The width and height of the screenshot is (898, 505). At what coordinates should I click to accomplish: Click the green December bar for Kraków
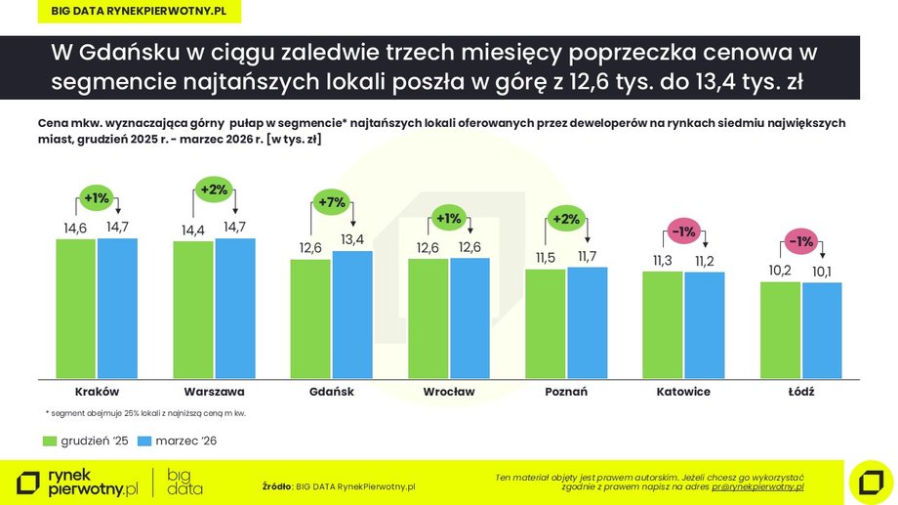coord(76,308)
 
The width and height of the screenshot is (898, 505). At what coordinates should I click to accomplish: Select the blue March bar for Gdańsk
coord(352,315)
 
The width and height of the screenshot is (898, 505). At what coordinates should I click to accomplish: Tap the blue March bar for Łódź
coord(822,330)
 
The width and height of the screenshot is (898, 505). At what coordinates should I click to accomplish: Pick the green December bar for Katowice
coord(663,324)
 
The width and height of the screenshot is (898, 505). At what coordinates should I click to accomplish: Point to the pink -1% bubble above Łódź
coord(801,241)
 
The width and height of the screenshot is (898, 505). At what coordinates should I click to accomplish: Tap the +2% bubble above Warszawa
coord(215,189)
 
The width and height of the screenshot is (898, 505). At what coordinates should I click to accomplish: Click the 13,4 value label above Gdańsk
coord(352,240)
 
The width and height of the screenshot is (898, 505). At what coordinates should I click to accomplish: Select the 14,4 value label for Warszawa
coord(193,231)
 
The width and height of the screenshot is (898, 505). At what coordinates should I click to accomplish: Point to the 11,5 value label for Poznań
coord(545,259)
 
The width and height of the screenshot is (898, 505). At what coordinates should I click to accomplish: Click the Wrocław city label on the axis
coord(449,392)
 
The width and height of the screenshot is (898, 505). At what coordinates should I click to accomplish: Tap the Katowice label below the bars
coord(683,392)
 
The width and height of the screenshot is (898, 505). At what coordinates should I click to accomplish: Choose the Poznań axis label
coord(566,392)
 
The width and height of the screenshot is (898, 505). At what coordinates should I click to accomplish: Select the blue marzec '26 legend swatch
coord(145,441)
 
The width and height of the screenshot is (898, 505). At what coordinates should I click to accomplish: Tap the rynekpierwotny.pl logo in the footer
coord(78,482)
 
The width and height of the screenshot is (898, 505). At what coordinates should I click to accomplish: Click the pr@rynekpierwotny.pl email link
coord(757,485)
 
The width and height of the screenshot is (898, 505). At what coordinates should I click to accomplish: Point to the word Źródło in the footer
coord(277,485)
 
